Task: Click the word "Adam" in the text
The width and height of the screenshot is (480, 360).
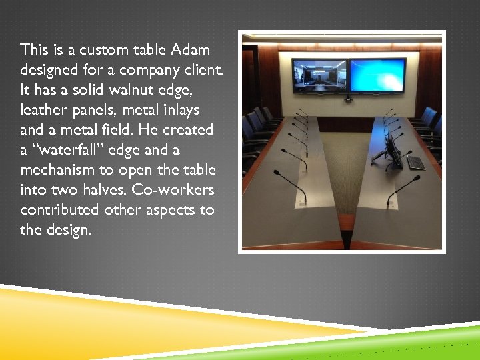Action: click(190, 50)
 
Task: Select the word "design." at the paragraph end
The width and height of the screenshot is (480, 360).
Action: click(69, 230)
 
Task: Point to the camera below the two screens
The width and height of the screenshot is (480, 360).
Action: click(348, 99)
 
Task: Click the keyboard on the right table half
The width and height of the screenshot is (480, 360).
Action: click(415, 162)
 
